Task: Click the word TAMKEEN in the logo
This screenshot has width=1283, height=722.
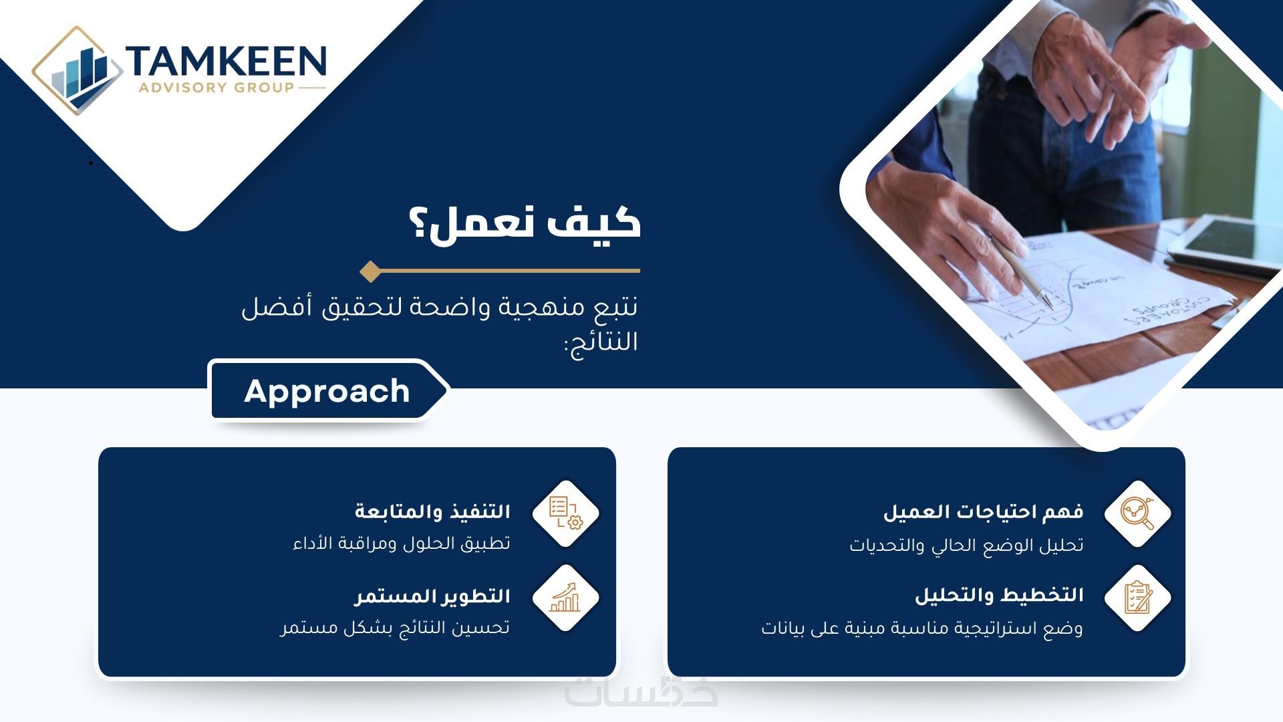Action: (226, 62)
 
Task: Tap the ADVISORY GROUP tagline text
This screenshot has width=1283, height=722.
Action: (217, 88)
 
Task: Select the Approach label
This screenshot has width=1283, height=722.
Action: (327, 391)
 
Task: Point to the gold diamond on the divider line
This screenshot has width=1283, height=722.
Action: (370, 271)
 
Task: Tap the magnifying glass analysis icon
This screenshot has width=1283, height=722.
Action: (1137, 513)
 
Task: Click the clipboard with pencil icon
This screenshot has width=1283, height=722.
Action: (1137, 598)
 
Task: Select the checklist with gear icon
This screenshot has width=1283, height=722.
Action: (565, 513)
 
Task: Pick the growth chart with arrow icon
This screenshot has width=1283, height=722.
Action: (565, 598)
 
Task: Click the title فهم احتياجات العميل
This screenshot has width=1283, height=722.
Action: (983, 512)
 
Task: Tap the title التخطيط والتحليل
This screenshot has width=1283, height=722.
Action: (999, 595)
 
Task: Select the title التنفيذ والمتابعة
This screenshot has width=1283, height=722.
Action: (432, 511)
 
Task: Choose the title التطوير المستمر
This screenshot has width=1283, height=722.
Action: (432, 596)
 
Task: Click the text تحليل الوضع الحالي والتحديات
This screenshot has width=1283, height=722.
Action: (966, 546)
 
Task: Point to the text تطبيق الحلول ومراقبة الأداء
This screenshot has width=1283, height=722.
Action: (402, 543)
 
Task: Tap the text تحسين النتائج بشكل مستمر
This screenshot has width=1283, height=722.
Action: (395, 628)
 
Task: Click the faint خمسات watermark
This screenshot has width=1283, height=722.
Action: (641, 692)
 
